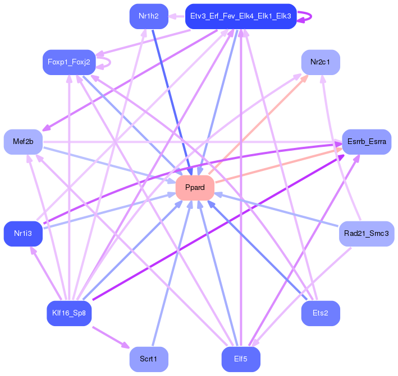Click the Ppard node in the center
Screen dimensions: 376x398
coord(195,188)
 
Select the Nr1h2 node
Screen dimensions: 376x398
coord(149,16)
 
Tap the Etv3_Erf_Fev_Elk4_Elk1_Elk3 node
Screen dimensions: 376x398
coord(240,16)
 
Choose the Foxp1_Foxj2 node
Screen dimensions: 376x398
coord(68,62)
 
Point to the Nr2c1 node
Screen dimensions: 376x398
coord(321,62)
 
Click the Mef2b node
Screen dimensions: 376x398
coord(23,142)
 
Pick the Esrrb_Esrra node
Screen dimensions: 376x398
coord(367,142)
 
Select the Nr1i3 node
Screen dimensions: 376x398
coord(23,233)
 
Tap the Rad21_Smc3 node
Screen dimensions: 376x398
coord(367,233)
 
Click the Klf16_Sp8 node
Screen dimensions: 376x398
coord(68,313)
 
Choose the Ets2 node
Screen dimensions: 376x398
coord(321,313)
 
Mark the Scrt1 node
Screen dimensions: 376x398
coord(149,359)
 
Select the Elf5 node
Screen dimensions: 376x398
coord(240,359)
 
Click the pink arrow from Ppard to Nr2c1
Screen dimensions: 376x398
coord(258,124)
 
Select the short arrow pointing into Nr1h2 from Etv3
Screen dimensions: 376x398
coord(177,16)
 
